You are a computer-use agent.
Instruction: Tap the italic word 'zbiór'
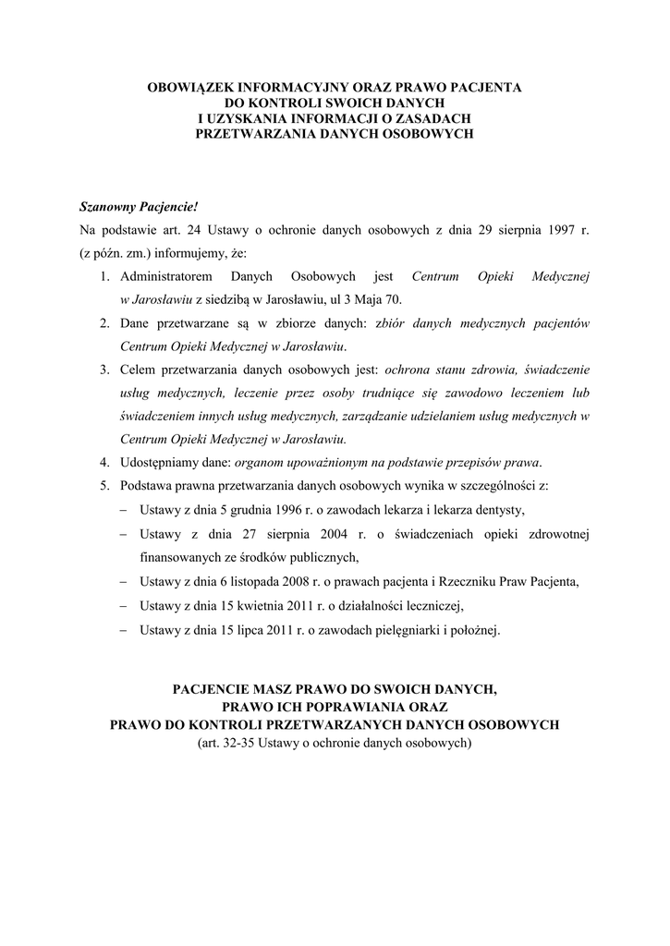(x=392, y=323)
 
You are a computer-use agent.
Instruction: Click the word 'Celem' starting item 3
(x=139, y=370)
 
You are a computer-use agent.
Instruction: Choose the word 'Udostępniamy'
(x=163, y=462)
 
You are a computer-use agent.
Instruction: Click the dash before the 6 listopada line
(x=125, y=583)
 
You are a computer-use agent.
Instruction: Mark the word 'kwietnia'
(x=262, y=606)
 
